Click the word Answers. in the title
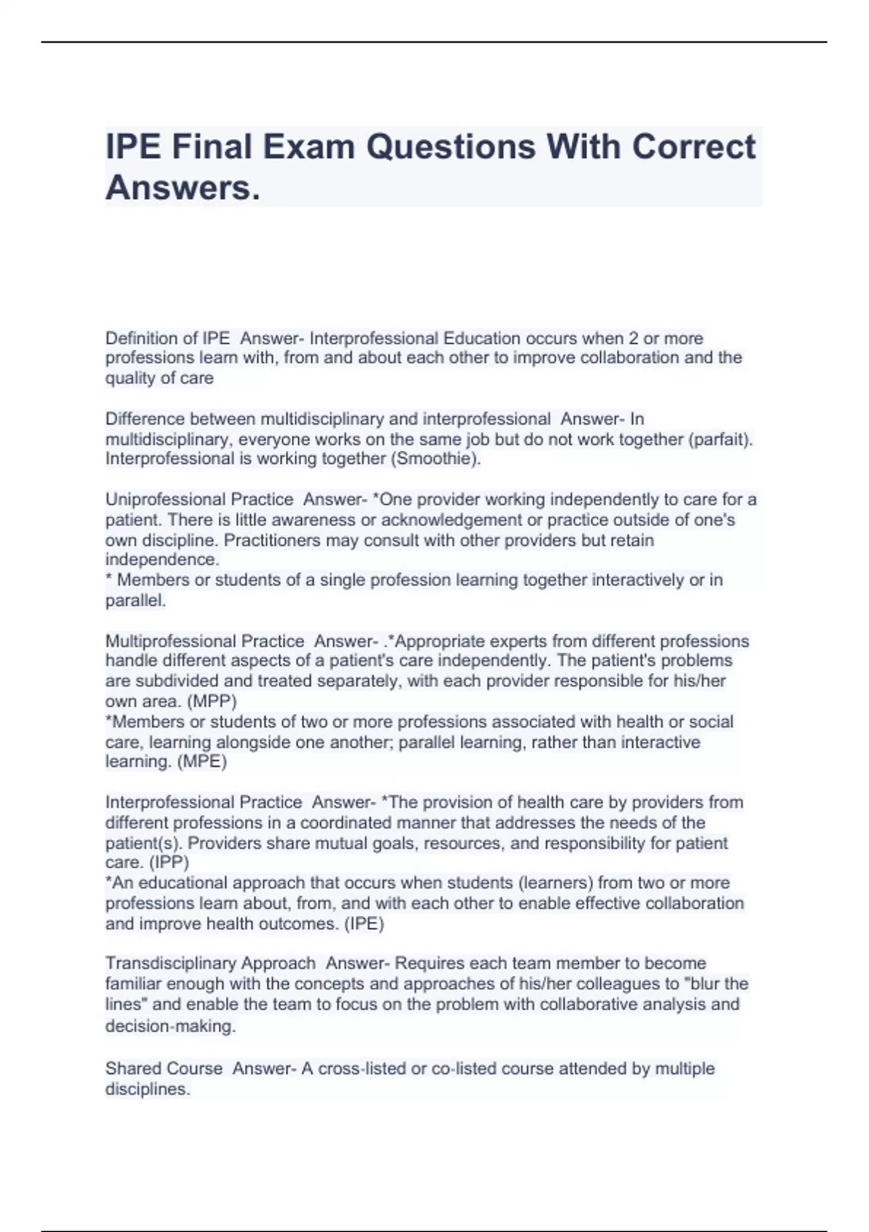[182, 188]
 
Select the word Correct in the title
[694, 147]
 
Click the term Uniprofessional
[165, 499]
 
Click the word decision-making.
[170, 1026]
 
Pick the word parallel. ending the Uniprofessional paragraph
[135, 601]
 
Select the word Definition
[142, 338]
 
